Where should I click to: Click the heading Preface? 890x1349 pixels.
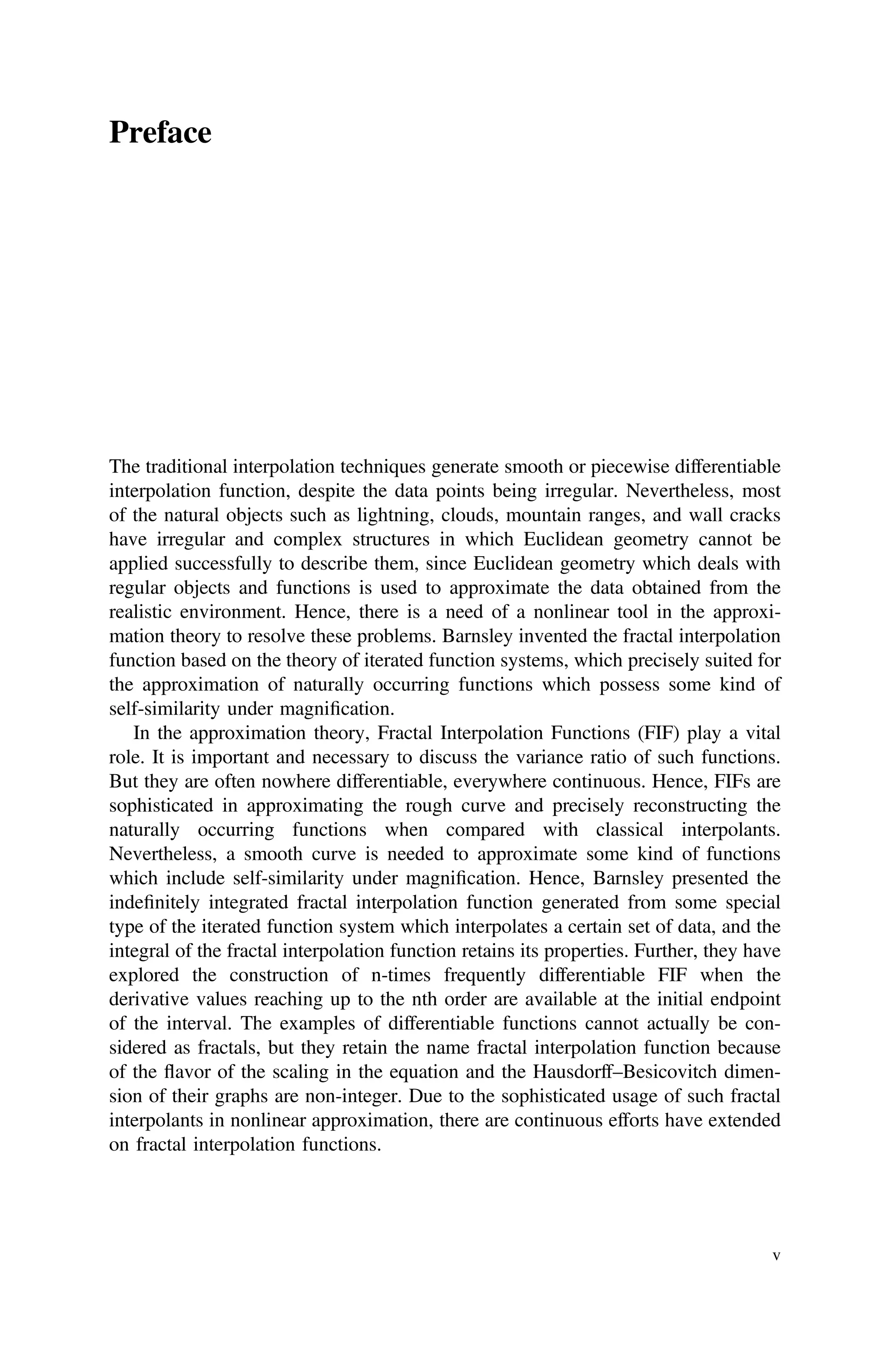pos(160,133)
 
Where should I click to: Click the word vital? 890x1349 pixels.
pos(762,733)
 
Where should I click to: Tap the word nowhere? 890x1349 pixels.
pos(280,781)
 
